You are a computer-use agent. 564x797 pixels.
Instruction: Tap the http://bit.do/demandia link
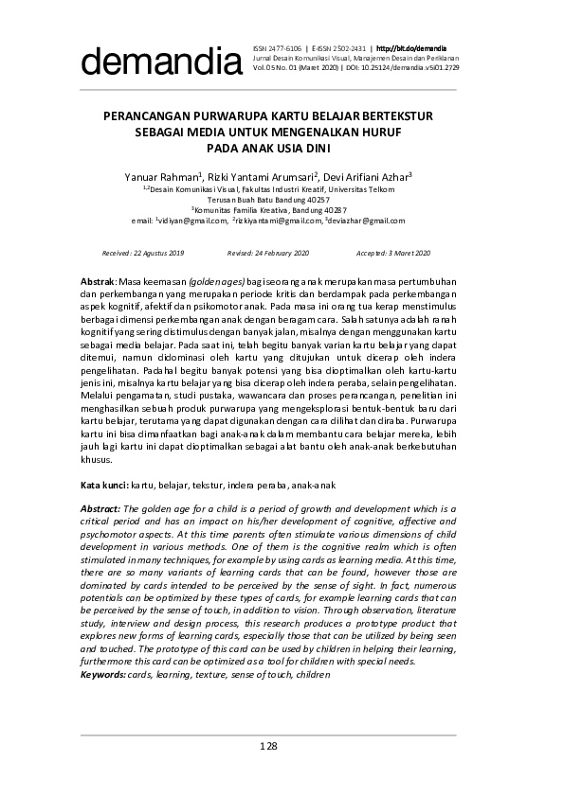coord(412,47)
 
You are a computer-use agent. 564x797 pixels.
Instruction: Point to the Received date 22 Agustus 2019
coord(142,253)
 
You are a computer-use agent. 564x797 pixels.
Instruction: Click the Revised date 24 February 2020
coord(268,253)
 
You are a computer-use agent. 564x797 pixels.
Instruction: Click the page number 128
coord(268,747)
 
